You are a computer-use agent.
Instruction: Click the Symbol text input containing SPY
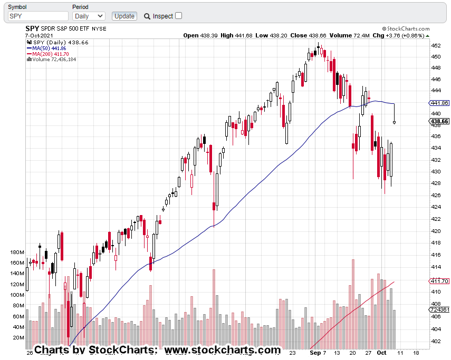pyautogui.click(x=38, y=16)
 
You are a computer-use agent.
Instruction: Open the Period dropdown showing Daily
pyautogui.click(x=89, y=16)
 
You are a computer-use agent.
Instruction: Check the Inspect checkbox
pyautogui.click(x=178, y=16)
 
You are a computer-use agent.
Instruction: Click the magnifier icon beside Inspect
pyautogui.click(x=147, y=16)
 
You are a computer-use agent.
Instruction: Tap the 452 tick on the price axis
pyautogui.click(x=436, y=45)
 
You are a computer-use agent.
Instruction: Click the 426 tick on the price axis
pyautogui.click(x=436, y=195)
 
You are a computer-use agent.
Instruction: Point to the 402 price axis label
pyautogui.click(x=436, y=341)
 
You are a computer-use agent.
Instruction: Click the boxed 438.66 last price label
pyautogui.click(x=440, y=121)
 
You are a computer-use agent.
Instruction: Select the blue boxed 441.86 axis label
pyautogui.click(x=440, y=103)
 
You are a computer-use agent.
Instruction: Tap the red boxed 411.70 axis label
pyautogui.click(x=440, y=281)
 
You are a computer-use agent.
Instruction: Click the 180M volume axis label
pyautogui.click(x=17, y=252)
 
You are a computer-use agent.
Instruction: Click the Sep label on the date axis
pyautogui.click(x=315, y=351)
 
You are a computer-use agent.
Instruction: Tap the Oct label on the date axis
pyautogui.click(x=381, y=351)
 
